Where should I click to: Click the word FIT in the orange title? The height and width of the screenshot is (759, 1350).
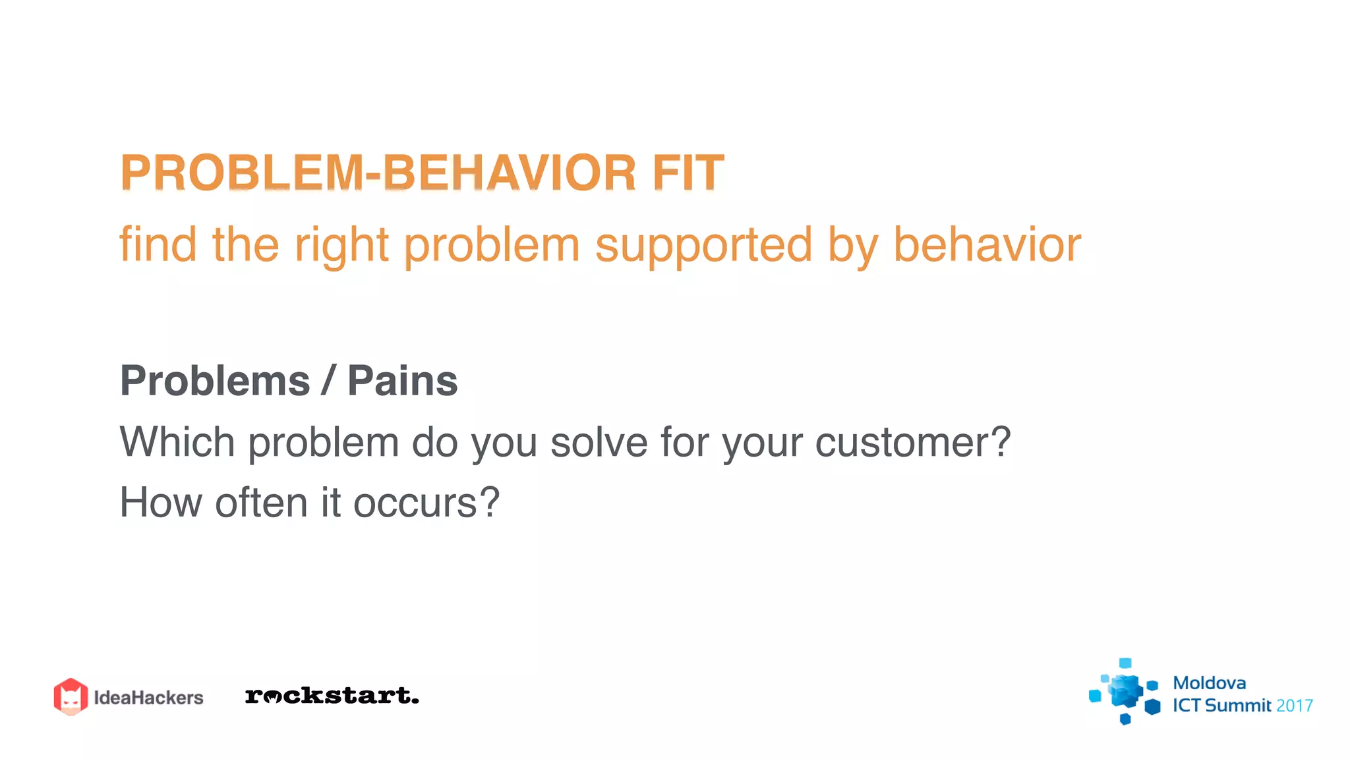[688, 173]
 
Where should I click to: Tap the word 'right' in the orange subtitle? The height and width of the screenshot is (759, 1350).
[341, 245]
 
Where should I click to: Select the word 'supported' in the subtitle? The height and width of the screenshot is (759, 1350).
[703, 245]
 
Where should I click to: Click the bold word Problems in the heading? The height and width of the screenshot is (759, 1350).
[215, 381]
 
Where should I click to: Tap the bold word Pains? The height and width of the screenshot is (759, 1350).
[402, 381]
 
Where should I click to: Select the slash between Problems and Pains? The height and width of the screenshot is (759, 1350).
[328, 381]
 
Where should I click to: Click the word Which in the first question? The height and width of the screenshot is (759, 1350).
[177, 441]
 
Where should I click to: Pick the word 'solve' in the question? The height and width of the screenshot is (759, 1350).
[599, 441]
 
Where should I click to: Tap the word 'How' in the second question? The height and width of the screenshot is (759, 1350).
[160, 502]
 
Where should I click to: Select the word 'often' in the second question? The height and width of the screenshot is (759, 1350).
[262, 502]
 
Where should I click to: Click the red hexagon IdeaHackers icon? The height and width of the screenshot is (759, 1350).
[71, 696]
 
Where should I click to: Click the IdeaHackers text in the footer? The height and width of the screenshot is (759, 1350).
[148, 698]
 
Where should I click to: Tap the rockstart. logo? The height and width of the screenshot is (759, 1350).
[332, 696]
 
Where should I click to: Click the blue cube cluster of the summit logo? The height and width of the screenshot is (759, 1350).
[1125, 692]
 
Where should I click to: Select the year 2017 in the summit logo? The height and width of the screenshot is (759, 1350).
[1294, 706]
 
